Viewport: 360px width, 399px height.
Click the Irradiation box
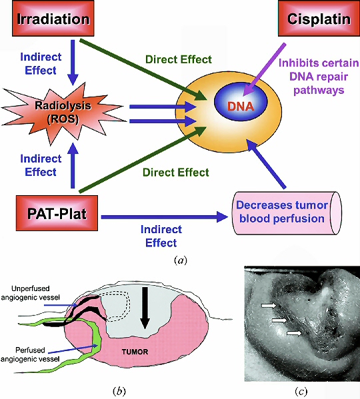pos(53,19)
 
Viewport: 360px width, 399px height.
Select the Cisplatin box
pos(319,19)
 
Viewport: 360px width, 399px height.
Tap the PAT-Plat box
pos(57,213)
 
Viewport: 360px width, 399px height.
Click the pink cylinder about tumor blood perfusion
pos(287,213)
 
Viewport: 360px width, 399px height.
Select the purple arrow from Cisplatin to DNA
pos(264,69)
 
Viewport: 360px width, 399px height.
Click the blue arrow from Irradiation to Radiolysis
pos(73,63)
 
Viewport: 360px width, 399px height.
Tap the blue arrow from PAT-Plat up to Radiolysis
pos(73,166)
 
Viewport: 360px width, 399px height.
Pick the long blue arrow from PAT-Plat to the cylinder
pos(165,216)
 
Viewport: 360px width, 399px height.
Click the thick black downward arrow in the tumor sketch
pos(145,308)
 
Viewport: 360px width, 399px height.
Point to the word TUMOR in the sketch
pos(135,352)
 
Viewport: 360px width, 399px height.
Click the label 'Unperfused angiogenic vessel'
pos(30,293)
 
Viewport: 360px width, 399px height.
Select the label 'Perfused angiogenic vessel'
pos(30,354)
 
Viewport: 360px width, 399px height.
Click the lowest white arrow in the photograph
pos(294,333)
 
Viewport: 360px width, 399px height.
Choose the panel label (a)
pos(181,260)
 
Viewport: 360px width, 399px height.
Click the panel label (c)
pos(301,391)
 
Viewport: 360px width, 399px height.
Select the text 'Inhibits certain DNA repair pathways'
pos(319,77)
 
